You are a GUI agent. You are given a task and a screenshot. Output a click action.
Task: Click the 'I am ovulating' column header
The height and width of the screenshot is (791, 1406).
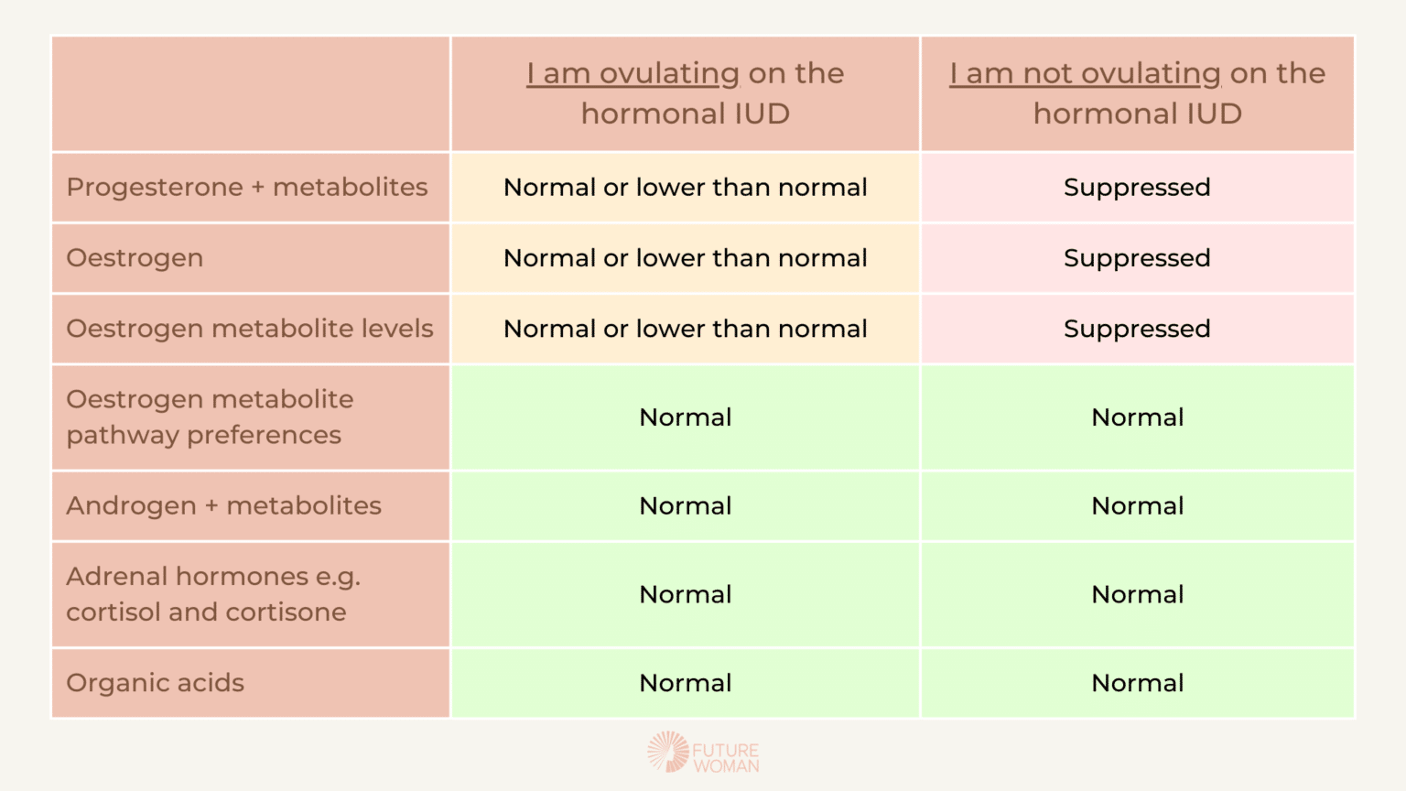pos(686,92)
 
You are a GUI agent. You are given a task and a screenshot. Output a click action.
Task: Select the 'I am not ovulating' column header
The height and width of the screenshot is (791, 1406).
pos(1138,92)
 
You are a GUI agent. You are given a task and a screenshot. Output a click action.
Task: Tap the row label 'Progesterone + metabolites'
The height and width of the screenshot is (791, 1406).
pos(246,187)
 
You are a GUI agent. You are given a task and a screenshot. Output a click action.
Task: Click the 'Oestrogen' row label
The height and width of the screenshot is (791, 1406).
pos(135,258)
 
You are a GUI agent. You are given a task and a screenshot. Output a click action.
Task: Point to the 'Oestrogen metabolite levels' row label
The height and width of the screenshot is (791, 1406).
pos(250,329)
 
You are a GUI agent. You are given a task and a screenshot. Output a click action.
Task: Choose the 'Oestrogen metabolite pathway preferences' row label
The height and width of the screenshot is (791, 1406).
pos(210,417)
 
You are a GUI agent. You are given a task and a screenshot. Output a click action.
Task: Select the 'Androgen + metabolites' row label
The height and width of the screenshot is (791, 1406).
pos(223,505)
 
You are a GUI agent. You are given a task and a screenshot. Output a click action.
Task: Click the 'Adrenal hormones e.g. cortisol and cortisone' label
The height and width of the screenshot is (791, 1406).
pos(213,594)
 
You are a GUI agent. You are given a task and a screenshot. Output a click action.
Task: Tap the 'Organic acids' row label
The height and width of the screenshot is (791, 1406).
pos(155,683)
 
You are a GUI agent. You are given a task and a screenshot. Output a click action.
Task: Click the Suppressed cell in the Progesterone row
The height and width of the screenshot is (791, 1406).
pos(1138,187)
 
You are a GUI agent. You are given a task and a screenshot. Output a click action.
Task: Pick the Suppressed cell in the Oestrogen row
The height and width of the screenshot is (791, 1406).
pos(1138,258)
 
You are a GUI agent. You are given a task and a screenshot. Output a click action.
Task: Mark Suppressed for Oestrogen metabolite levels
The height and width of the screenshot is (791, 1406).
pos(1138,329)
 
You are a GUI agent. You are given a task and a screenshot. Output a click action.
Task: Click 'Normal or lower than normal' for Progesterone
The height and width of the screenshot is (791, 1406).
pos(686,187)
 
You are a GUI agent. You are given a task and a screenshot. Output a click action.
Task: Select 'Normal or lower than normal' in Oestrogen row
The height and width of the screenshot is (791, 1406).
pos(686,258)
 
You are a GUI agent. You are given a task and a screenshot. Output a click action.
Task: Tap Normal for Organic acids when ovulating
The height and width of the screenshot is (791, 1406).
pos(686,683)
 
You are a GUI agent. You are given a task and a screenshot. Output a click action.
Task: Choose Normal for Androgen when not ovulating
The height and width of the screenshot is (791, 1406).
pos(1138,505)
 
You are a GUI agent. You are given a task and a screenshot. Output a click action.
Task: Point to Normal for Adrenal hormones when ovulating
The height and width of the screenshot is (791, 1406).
pos(686,594)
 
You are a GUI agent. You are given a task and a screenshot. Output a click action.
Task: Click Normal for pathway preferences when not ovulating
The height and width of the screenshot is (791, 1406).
pos(1138,417)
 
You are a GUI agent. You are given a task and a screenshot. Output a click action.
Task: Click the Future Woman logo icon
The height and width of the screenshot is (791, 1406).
pos(668,752)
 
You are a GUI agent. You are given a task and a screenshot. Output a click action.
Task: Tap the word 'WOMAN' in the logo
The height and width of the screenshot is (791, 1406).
pos(726,766)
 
